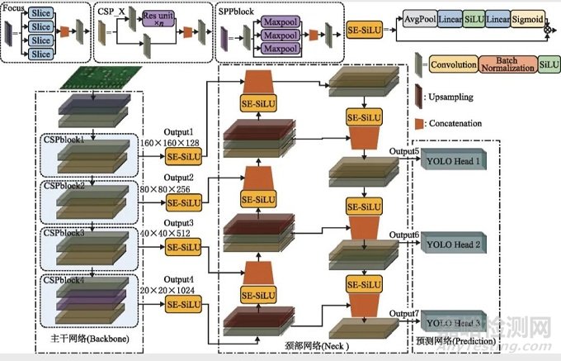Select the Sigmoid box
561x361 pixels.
pyautogui.click(x=522, y=17)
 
